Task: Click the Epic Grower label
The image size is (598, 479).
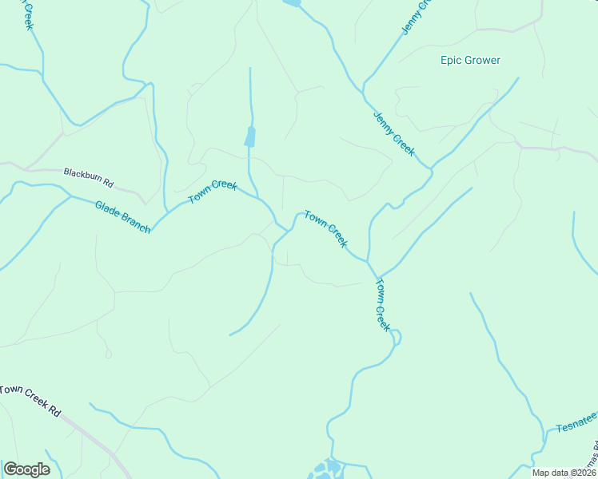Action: click(470, 60)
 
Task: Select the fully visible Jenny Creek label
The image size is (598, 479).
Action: click(393, 133)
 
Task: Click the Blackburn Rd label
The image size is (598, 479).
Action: click(89, 177)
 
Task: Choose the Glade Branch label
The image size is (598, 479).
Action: click(122, 216)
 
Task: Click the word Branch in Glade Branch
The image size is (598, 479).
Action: click(135, 223)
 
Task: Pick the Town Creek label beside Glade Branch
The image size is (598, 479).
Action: click(213, 192)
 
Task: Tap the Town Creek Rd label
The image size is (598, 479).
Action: click(30, 400)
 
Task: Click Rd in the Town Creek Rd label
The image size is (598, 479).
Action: click(54, 411)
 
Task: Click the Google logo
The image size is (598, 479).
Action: click(26, 469)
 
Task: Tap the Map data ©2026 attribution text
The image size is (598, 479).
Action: click(562, 473)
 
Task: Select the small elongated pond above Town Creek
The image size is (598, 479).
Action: click(250, 137)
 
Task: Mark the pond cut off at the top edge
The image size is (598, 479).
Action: click(292, 3)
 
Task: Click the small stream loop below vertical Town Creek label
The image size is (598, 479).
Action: click(395, 337)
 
